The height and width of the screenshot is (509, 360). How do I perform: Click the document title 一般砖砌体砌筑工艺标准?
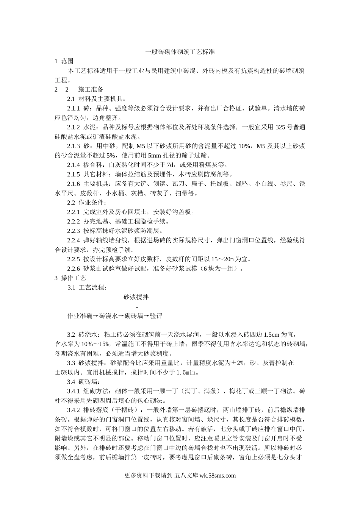180,52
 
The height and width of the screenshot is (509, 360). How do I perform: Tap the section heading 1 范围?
64,61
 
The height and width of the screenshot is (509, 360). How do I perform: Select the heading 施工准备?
91,89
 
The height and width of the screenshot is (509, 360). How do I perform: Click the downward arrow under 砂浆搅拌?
136,306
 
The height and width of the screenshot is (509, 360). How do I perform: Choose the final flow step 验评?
156,315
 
